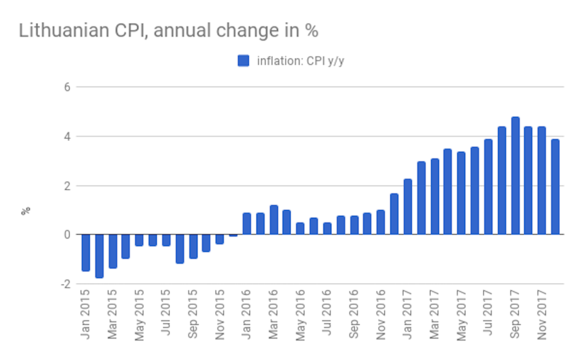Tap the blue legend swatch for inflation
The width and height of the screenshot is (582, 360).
243,61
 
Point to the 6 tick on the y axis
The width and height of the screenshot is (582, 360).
67,87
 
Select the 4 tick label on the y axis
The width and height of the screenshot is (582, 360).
67,136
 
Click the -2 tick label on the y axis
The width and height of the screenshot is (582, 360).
65,284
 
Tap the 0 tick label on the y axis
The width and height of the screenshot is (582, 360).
67,235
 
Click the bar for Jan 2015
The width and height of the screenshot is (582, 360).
85,253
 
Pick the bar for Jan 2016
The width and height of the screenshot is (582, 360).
246,224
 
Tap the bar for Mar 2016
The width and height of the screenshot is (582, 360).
274,220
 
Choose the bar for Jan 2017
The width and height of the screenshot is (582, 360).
408,207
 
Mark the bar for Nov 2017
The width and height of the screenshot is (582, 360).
542,180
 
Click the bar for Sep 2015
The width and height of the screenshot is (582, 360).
193,246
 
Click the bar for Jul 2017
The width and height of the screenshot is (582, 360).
488,187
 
